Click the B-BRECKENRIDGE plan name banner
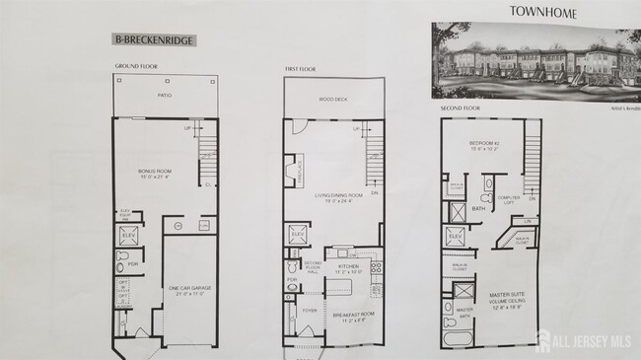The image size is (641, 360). click(x=153, y=40)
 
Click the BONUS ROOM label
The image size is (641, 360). click(x=156, y=174)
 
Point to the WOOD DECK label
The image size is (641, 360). click(x=332, y=99)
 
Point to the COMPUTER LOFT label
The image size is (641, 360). click(x=510, y=198)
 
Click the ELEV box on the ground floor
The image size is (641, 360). click(x=128, y=237)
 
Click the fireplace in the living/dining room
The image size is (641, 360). click(x=292, y=171)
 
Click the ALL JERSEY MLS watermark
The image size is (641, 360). click(x=581, y=343)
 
